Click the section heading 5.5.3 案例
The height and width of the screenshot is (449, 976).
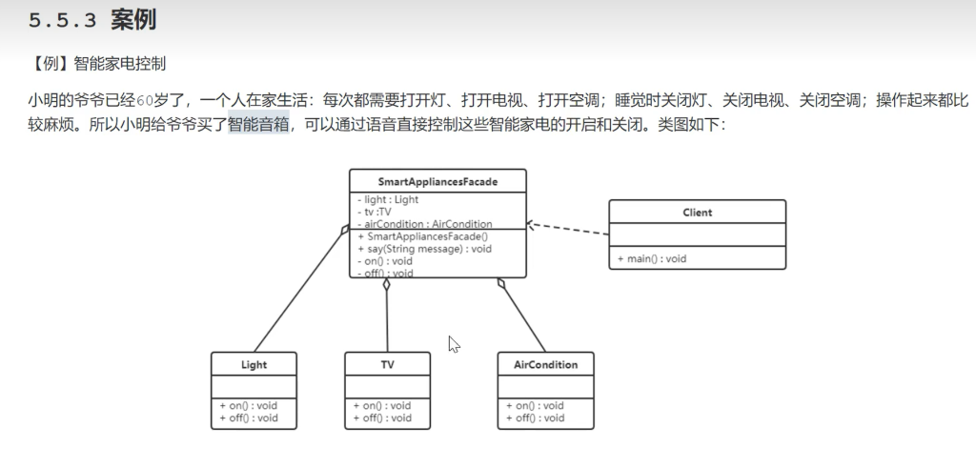point(92,20)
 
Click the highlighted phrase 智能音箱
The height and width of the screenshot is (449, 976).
point(258,125)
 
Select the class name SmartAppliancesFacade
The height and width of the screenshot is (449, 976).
point(437,180)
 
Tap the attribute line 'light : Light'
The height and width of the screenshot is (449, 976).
point(391,200)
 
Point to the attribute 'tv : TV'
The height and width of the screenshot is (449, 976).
point(378,212)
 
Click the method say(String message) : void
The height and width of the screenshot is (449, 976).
point(424,248)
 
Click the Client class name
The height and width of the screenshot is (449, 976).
point(697,212)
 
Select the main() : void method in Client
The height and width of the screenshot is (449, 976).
point(652,258)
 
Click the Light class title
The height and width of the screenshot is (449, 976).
point(254,365)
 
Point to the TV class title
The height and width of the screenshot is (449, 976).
point(387,365)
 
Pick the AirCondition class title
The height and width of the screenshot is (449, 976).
point(545,365)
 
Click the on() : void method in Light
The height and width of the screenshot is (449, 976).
point(248,405)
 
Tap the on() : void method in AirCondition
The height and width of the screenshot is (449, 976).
point(534,405)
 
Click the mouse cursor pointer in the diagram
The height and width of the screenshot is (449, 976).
point(454,343)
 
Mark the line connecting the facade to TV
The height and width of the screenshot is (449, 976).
point(387,319)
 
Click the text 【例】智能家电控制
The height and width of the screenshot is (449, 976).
point(98,65)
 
